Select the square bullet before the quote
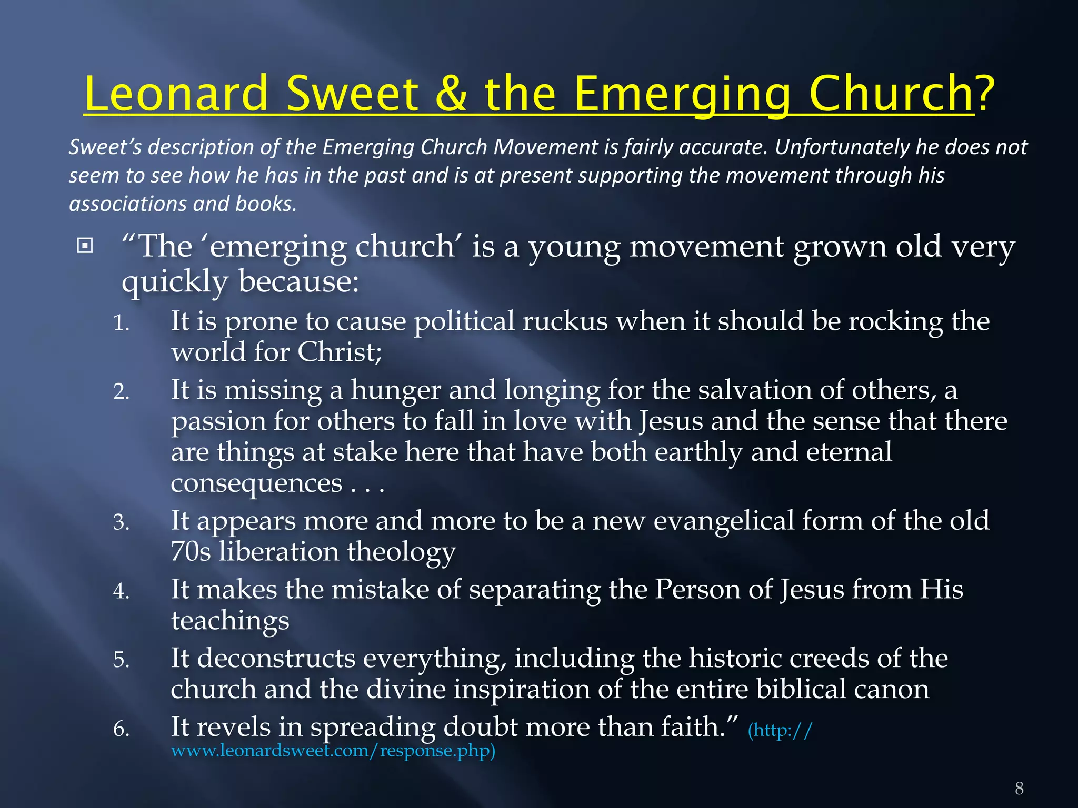(85, 246)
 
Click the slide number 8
(1019, 788)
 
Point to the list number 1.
(121, 323)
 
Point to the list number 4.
(121, 591)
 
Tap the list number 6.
(121, 729)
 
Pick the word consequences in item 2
(256, 483)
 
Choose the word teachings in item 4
(230, 621)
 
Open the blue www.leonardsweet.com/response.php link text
(333, 750)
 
